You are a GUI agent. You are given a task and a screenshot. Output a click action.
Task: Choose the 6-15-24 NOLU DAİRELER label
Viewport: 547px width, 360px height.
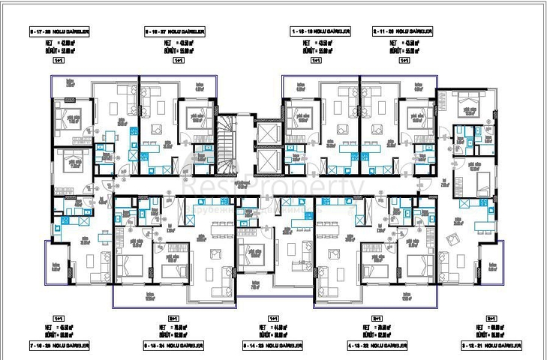(x=174, y=346)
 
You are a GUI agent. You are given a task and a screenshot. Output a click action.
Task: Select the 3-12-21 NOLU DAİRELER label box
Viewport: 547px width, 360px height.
(x=497, y=346)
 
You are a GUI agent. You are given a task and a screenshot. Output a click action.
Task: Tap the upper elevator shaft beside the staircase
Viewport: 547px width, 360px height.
(x=266, y=130)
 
